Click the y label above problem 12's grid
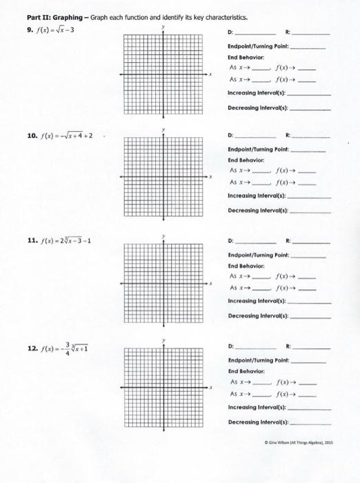tap(163, 340)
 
